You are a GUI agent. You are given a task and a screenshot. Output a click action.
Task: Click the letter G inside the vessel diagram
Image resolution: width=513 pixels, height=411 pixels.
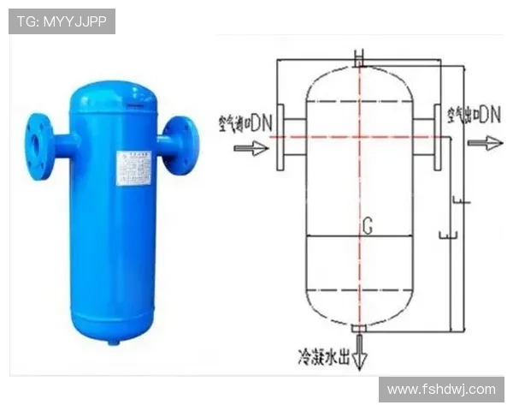[x=367, y=226]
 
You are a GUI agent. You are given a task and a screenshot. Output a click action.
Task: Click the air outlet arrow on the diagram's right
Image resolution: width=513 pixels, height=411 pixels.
[x=484, y=143]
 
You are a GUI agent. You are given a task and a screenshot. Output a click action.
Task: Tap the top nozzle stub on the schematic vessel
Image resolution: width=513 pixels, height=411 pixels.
[x=359, y=61]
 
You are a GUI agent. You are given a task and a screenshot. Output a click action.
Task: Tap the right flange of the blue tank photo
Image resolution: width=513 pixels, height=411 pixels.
[x=182, y=146]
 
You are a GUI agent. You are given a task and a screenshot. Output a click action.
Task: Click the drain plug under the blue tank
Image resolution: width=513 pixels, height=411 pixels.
[x=114, y=341]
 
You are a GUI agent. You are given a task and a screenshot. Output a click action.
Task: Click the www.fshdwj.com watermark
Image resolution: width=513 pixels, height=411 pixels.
[x=441, y=390]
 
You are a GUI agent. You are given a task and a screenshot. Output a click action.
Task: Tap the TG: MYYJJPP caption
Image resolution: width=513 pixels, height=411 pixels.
[x=62, y=21]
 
